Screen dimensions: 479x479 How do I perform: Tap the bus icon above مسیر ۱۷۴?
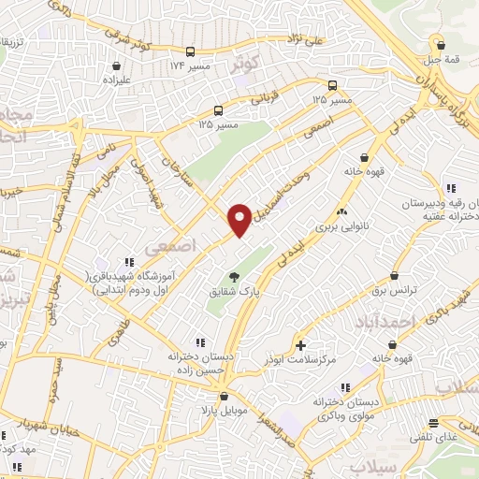click(191, 52)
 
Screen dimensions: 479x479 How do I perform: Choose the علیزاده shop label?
click(116, 81)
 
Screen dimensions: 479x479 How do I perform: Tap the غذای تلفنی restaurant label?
click(432, 437)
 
